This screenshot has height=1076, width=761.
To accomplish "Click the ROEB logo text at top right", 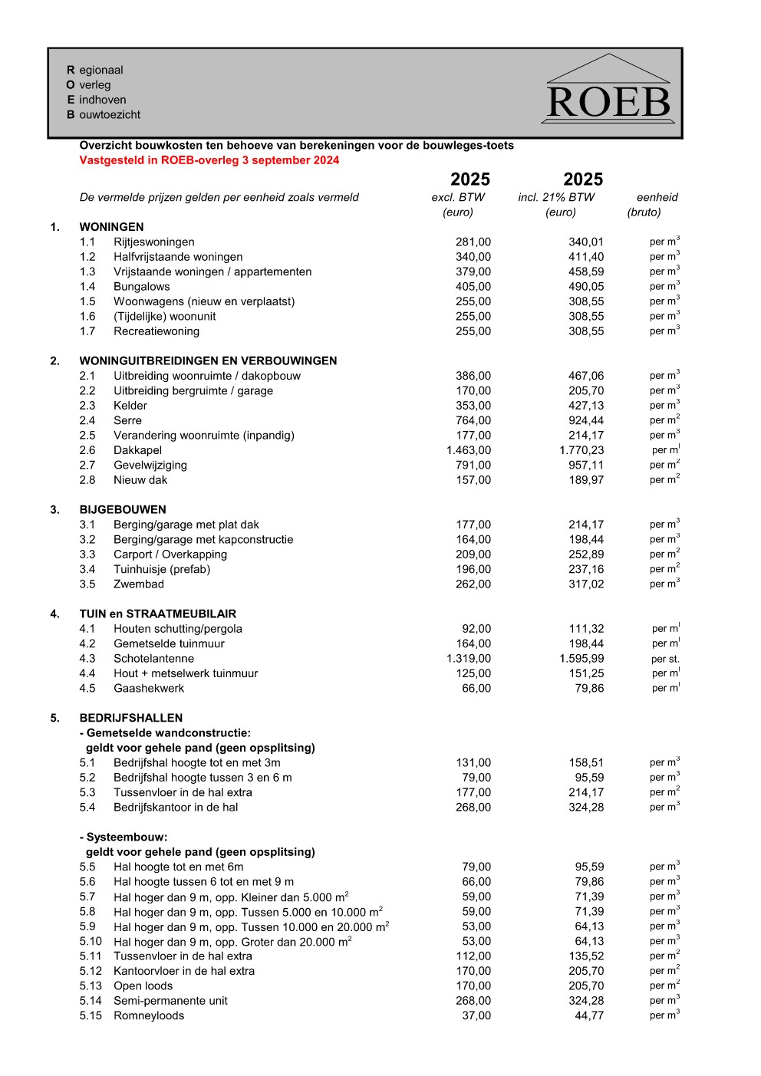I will (608, 103).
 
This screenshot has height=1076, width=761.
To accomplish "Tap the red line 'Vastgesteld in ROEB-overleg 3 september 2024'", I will (209, 160).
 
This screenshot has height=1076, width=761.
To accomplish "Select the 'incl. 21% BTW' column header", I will (556, 197).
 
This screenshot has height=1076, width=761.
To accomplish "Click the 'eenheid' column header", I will (657, 197).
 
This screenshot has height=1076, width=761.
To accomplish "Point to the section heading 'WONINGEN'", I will (111, 227).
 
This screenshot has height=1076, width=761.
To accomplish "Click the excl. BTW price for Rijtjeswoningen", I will (473, 242).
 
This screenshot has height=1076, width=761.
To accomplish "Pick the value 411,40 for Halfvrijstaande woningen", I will (585, 257).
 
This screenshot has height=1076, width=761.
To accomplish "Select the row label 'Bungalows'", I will (142, 287).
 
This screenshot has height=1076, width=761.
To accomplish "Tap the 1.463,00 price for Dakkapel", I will (468, 450).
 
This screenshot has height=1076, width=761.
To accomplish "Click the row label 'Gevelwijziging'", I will (150, 466).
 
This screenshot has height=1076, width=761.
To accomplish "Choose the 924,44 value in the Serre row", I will (585, 420).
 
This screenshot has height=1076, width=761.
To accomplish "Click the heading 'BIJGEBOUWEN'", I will (123, 510).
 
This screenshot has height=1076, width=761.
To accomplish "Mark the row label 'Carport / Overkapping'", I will (170, 554).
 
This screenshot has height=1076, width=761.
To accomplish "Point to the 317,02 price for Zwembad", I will (585, 584).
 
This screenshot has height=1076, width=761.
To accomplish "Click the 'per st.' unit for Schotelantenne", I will (665, 659).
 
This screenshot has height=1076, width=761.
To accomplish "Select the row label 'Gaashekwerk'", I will (149, 689).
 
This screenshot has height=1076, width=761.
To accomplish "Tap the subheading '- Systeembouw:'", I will (124, 837).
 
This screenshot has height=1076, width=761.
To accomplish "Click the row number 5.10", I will (91, 941).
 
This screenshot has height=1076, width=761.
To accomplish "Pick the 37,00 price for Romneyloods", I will (476, 1015).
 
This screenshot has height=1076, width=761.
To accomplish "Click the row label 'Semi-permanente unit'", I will (170, 1001).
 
